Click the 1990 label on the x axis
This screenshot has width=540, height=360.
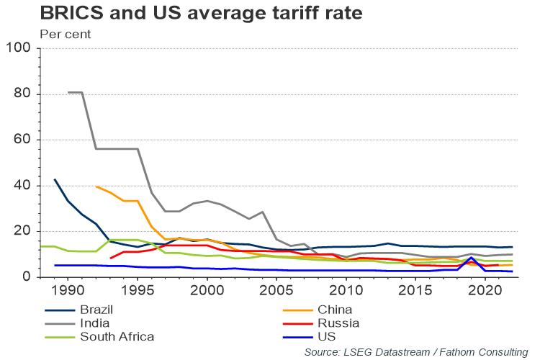click(68, 290)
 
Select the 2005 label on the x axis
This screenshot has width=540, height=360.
click(276, 290)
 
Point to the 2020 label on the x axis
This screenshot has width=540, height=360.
click(485, 290)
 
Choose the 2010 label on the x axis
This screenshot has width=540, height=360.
click(346, 290)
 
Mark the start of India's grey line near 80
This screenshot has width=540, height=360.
click(69, 92)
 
